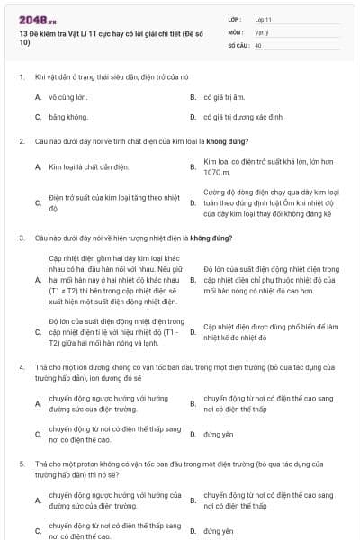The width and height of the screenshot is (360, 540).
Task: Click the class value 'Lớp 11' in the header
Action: pyautogui.click(x=264, y=19)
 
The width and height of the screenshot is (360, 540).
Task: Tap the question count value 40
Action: pyautogui.click(x=258, y=44)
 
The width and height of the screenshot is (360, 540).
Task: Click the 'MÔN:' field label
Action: pyautogui.click(x=236, y=31)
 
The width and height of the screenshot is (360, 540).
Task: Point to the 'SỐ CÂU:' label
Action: pyautogui.click(x=238, y=44)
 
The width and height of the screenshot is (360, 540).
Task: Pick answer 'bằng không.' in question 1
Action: pyautogui.click(x=67, y=117)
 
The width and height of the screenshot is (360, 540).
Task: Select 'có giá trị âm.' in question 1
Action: pyautogui.click(x=224, y=96)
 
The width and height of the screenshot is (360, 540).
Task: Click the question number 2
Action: pyautogui.click(x=21, y=141)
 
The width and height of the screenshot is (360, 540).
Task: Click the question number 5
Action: pyautogui.click(x=21, y=462)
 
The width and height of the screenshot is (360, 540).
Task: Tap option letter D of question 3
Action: pyautogui.click(x=193, y=333)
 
